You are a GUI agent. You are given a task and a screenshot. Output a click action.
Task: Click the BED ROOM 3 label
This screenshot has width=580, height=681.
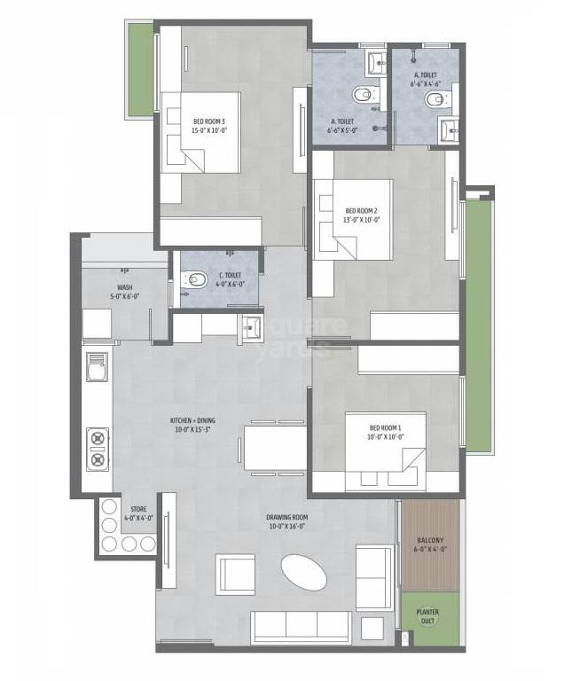pos(209,121)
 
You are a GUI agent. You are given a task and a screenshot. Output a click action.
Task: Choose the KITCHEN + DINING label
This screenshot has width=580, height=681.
pos(193,420)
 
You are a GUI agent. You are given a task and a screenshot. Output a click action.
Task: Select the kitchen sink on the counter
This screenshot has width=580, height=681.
pos(97,366)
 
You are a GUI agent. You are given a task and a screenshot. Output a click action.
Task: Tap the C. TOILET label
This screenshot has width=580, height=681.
pos(231,275)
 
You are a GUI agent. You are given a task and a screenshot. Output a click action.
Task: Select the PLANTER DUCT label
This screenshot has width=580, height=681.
pos(429,615)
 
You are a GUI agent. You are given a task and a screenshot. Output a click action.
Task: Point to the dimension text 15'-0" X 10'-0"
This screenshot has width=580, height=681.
pos(209,130)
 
